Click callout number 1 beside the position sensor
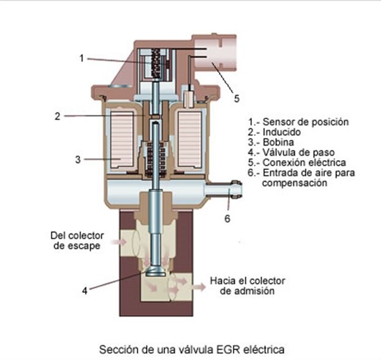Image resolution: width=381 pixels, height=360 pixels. tap(82, 58)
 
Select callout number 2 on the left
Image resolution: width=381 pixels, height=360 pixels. tap(57, 116)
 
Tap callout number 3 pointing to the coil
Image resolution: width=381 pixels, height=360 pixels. tap(78, 160)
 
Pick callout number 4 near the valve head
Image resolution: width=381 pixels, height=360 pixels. tap(84, 290)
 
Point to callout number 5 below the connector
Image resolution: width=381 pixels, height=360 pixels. tap(237, 98)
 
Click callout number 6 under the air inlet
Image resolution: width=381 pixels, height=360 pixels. tap(227, 219)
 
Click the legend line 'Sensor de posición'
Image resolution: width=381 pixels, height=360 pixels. tap(298, 122)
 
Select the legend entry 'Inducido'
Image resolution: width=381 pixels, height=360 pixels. tap(275, 132)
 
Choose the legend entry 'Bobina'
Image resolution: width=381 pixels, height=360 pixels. tap(271, 142)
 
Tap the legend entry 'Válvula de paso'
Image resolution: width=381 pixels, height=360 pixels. tap(291, 152)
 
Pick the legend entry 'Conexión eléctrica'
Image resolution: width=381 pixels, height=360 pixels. tap(297, 162)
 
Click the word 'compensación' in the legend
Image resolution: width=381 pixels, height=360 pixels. tap(295, 183)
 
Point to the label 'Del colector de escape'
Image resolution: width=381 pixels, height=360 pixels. tap(77, 240)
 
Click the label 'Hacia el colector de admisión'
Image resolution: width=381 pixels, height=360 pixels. tap(247, 285)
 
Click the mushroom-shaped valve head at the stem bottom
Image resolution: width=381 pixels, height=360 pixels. tap(155, 271)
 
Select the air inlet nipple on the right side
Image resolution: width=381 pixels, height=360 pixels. tap(224, 189)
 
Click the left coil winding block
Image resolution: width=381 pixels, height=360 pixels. tap(122, 140)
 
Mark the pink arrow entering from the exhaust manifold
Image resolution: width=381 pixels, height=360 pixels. tap(119, 241)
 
